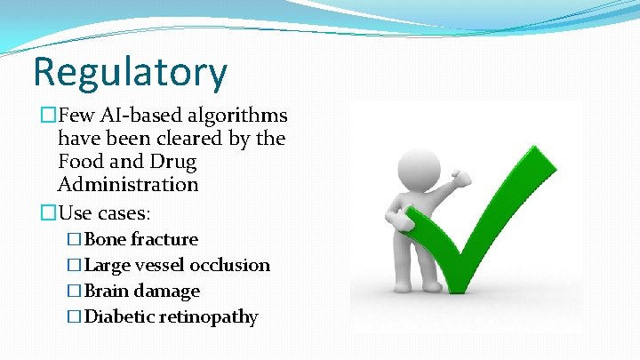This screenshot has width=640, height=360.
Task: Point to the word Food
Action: point(81,162)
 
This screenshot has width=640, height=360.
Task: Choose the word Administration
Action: point(127,185)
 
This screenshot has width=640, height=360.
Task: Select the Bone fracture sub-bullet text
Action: point(141,239)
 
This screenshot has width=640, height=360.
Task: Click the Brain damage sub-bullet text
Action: point(142,291)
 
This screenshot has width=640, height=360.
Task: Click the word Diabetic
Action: point(119,316)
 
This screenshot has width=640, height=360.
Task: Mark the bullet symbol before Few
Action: point(48,116)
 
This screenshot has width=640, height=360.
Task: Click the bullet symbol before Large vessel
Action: point(75,265)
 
